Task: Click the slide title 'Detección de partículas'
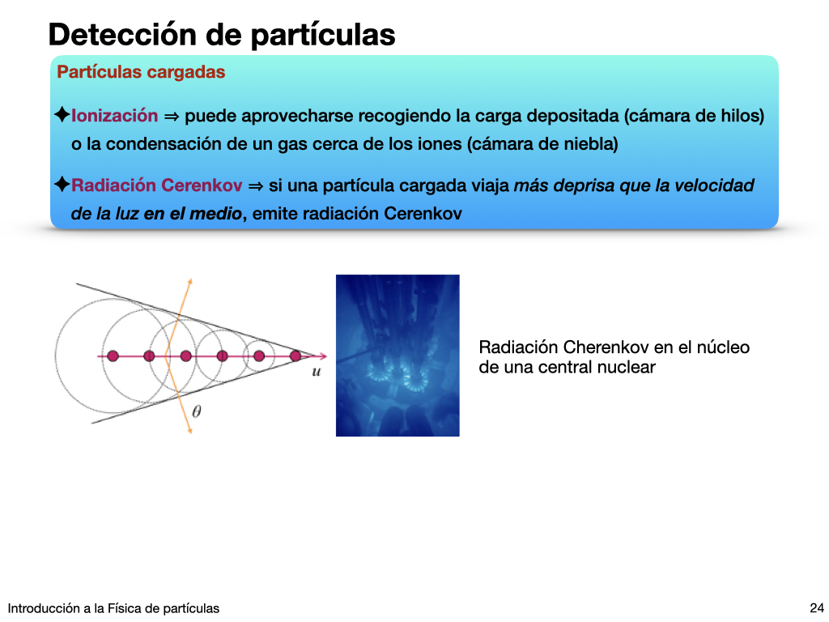point(222,35)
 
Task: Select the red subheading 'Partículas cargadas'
point(141,72)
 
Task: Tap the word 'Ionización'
point(115,115)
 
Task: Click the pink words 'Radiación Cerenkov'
point(156,185)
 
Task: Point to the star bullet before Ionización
point(62,114)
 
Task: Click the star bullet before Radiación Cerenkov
point(62,184)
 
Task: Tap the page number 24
point(816,608)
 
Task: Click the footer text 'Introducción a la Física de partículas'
point(113,609)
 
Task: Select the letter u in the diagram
point(317,372)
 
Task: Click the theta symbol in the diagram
point(196,411)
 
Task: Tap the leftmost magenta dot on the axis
point(113,356)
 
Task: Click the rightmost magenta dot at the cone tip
point(295,356)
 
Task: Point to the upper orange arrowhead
point(189,281)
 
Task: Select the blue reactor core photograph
point(397,356)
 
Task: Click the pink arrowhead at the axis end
point(323,356)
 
